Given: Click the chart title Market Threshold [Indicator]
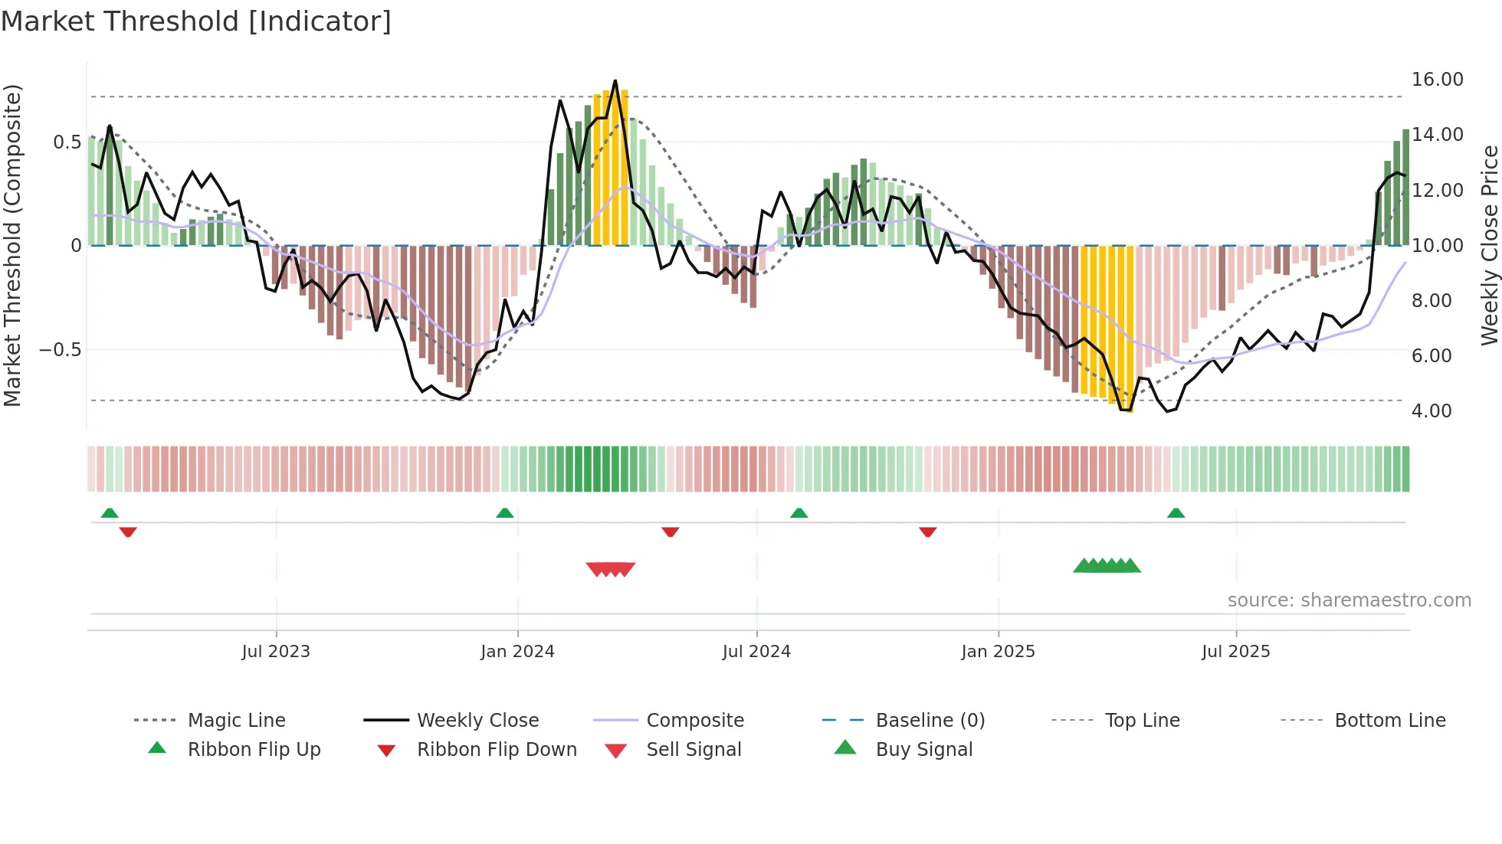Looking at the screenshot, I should point(196,21).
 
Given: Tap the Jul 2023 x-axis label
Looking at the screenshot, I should point(276,652).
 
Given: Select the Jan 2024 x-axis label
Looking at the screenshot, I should point(517,652).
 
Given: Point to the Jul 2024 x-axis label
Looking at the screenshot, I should point(756,652).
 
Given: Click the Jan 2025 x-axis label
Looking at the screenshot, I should point(998,652).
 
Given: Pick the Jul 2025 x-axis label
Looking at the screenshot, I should point(1235,652).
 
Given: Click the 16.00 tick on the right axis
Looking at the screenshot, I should point(1437,80).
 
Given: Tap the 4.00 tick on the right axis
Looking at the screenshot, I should point(1431,411).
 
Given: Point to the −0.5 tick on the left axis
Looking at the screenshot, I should point(60,350).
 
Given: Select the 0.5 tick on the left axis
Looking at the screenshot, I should point(67,142).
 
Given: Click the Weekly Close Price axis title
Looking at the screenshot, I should point(1489,245).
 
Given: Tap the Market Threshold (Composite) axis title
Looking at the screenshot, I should point(12,245).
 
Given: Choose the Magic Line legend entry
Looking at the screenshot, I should point(236,721).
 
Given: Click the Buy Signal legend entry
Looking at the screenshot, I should point(923,750).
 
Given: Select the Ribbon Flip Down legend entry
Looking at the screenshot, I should point(496,750).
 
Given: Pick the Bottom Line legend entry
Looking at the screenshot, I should point(1389,721).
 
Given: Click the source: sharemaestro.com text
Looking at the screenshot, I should point(1349,600).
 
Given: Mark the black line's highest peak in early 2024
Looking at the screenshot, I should point(615,81).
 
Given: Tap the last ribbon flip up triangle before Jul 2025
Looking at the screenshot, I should point(1176,513).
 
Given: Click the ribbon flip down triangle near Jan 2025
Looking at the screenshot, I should point(927,532).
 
